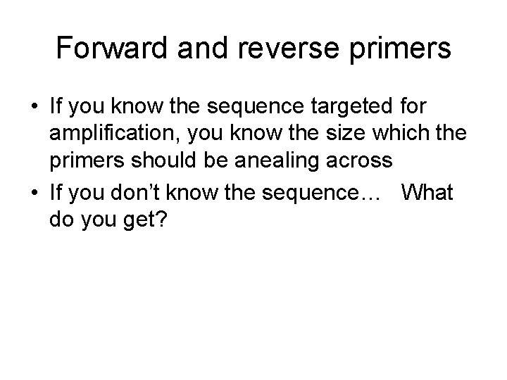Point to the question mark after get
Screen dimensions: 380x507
tap(162, 220)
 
